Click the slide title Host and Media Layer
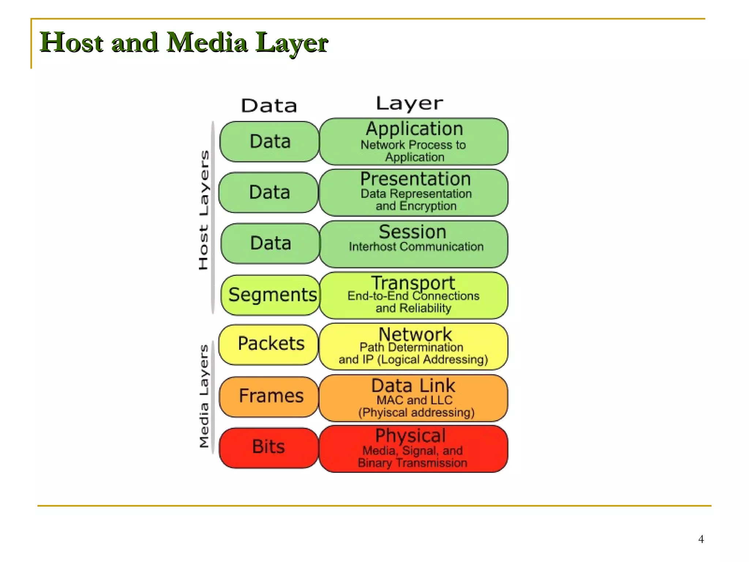184,42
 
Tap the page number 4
701,539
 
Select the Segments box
271,295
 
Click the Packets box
270,344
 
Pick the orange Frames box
270,396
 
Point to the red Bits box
269,447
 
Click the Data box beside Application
270,142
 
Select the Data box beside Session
270,243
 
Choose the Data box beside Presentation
269,192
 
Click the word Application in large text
414,129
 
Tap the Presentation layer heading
415,179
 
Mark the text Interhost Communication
416,247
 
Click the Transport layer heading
413,283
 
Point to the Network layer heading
415,334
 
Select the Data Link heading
413,386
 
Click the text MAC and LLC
414,400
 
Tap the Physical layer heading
410,436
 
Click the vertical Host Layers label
204,210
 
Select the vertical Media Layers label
204,396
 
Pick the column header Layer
409,104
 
